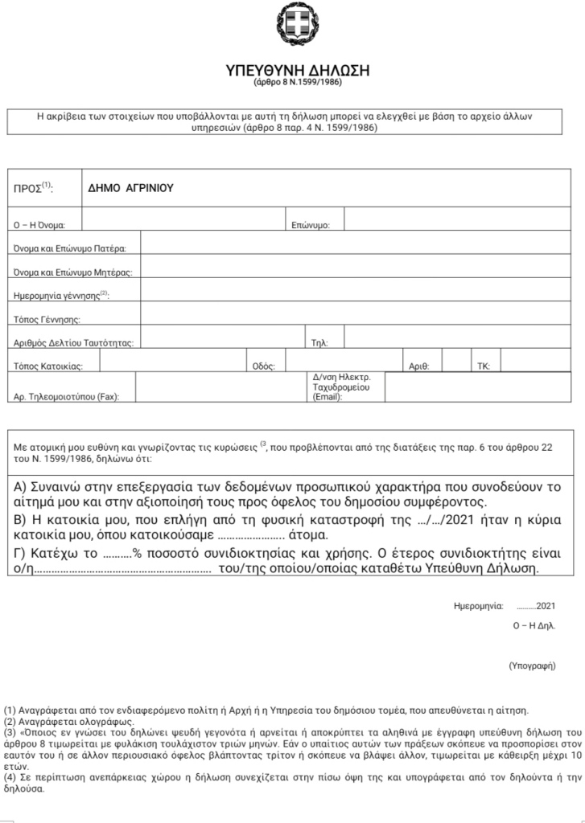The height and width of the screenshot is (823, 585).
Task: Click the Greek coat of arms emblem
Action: (x=298, y=25)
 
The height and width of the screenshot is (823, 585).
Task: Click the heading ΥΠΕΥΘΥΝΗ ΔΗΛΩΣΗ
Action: (x=298, y=70)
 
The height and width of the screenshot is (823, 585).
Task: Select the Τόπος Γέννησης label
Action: (x=48, y=320)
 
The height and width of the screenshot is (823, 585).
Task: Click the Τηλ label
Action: (x=319, y=343)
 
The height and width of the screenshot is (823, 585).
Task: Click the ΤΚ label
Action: (x=484, y=366)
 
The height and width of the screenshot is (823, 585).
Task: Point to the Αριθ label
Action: (x=419, y=366)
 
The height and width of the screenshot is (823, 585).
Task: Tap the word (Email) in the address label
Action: (x=327, y=397)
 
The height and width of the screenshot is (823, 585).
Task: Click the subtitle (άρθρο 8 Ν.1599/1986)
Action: (x=298, y=84)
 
